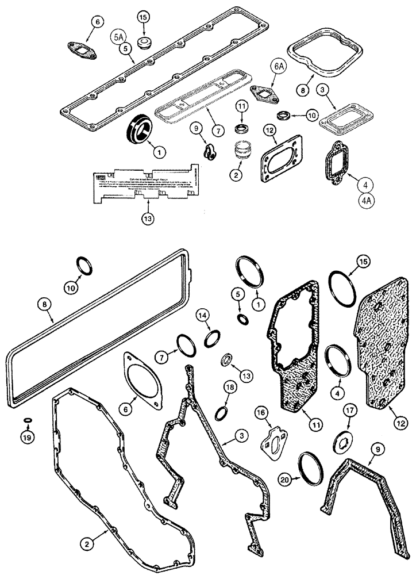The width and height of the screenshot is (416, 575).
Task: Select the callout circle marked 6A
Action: pyautogui.click(x=278, y=67)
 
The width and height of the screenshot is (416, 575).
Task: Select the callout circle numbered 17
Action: pyautogui.click(x=349, y=411)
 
